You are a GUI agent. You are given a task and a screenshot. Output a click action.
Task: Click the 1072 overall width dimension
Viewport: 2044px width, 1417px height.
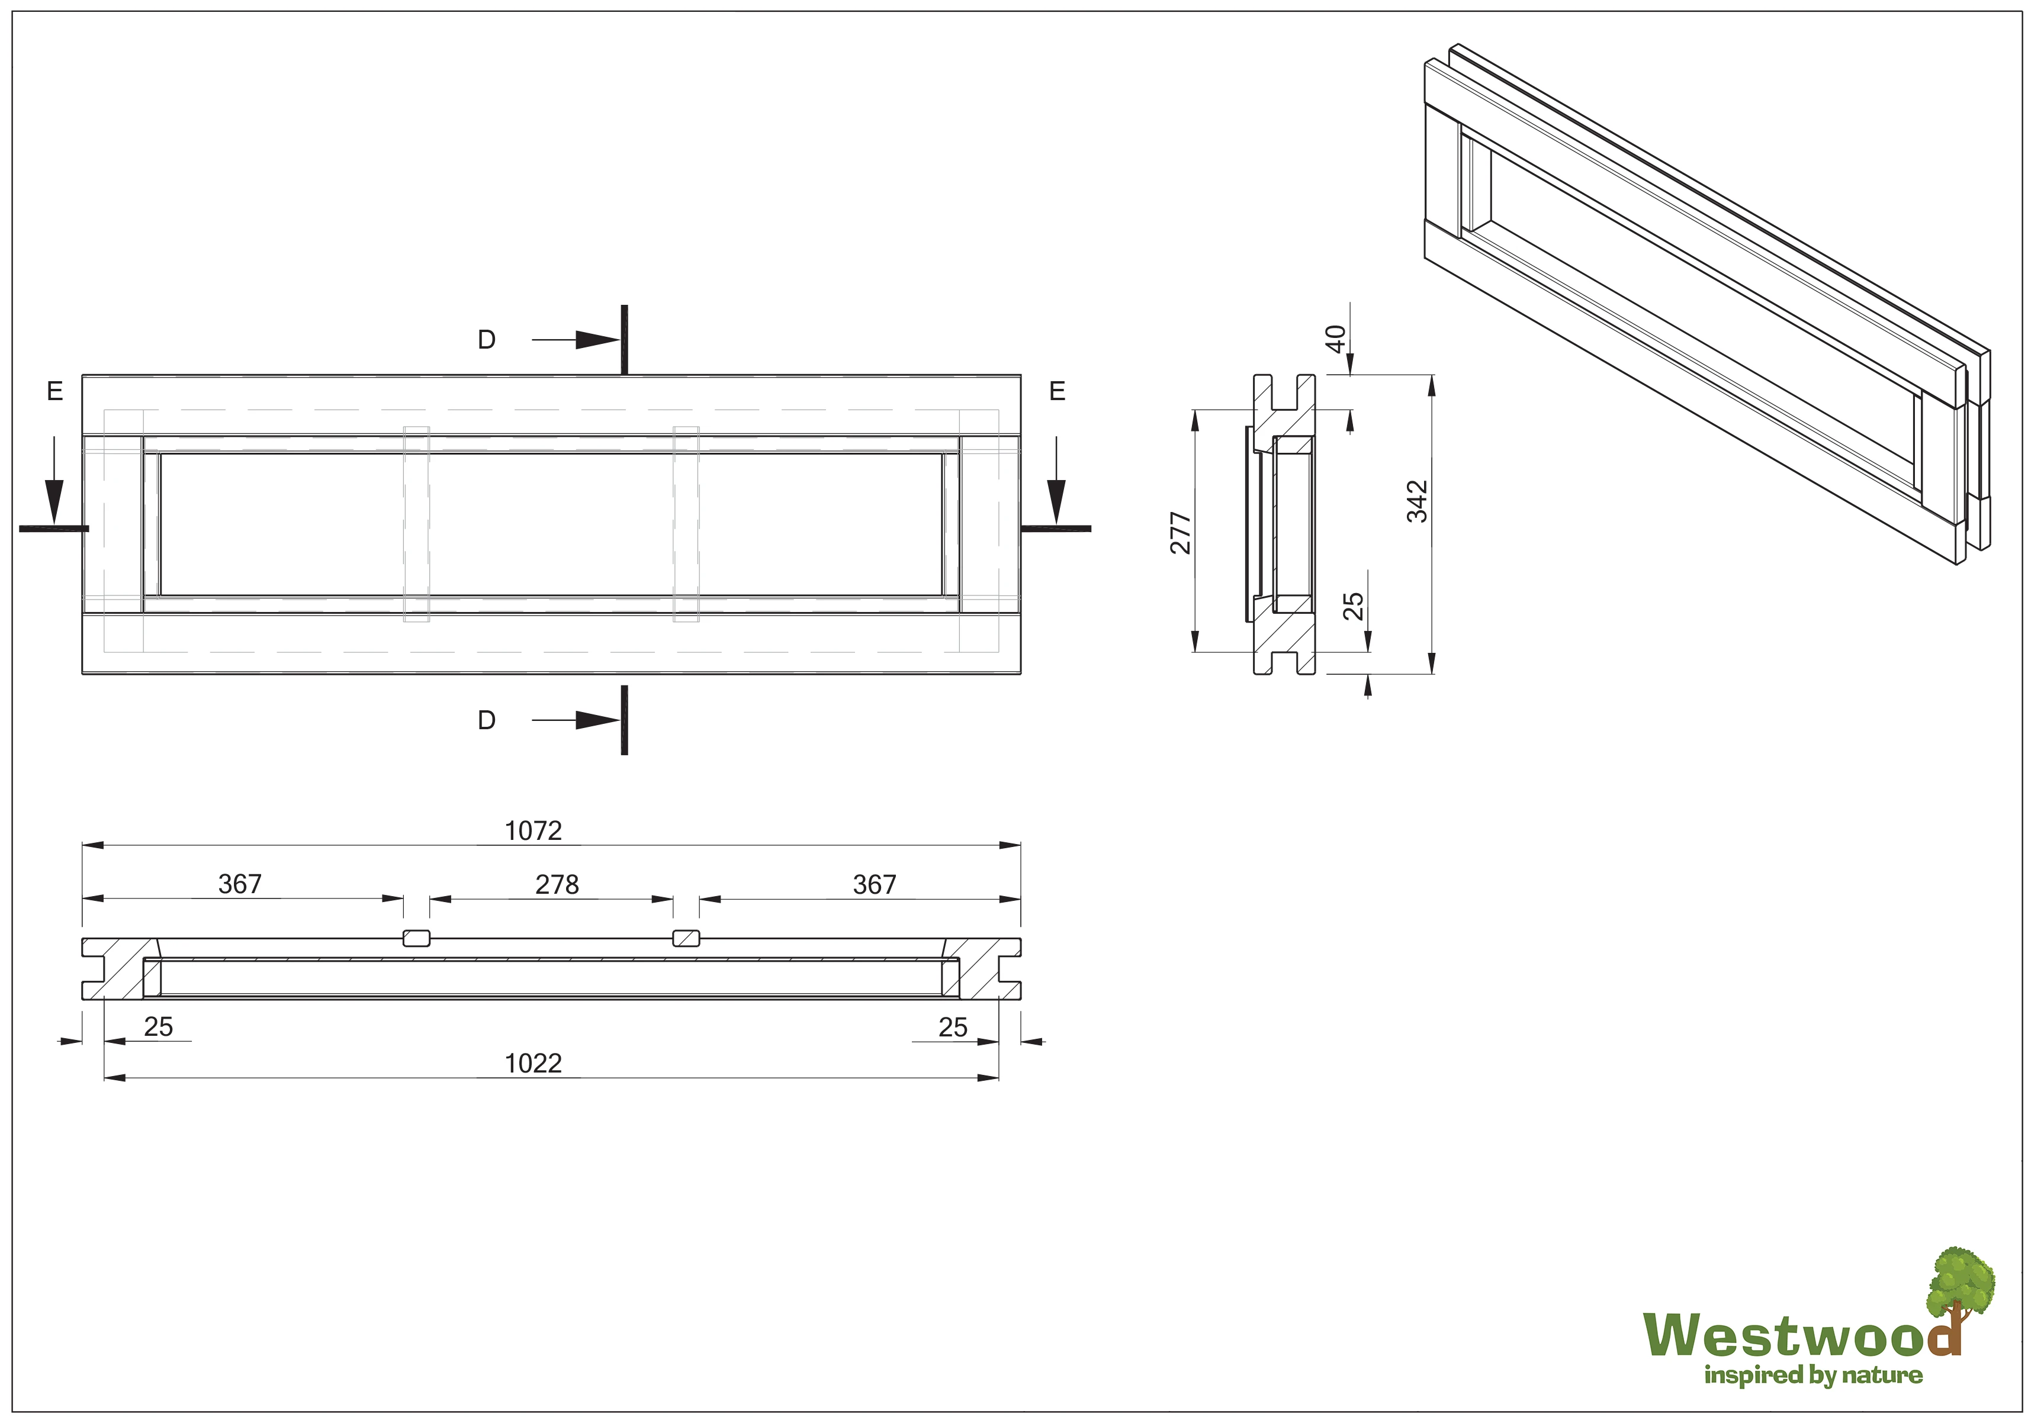pyautogui.click(x=533, y=831)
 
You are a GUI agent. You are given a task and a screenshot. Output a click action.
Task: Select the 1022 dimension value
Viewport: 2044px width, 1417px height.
pyautogui.click(x=533, y=1064)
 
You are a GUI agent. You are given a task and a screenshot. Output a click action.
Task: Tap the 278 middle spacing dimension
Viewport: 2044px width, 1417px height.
pyautogui.click(x=557, y=884)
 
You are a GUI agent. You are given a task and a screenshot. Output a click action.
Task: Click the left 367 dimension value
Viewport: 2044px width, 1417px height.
pyautogui.click(x=240, y=884)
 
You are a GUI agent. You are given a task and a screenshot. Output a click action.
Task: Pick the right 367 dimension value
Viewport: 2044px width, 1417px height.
pyautogui.click(x=874, y=884)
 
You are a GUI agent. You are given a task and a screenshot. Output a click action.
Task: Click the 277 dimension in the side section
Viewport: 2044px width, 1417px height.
pyautogui.click(x=1180, y=533)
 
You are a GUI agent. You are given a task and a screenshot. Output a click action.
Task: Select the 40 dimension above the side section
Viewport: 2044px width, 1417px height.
pyautogui.click(x=1335, y=339)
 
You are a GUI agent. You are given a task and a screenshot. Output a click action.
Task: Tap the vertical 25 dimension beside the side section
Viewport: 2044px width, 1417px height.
pyautogui.click(x=1352, y=606)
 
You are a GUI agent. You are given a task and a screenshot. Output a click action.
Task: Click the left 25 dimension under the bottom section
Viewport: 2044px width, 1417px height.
pyautogui.click(x=158, y=1028)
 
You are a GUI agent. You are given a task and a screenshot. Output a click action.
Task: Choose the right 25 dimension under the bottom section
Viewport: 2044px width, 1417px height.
pyautogui.click(x=953, y=1028)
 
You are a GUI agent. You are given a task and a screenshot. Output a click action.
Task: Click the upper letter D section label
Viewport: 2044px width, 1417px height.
pyautogui.click(x=487, y=340)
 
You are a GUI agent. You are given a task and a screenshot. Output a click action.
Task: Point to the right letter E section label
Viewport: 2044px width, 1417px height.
pyautogui.click(x=1056, y=392)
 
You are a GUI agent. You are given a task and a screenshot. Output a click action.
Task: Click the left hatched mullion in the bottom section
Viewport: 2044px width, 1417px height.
pyautogui.click(x=416, y=939)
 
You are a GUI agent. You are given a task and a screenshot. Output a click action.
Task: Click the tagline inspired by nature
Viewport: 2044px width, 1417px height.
pyautogui.click(x=1812, y=1376)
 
